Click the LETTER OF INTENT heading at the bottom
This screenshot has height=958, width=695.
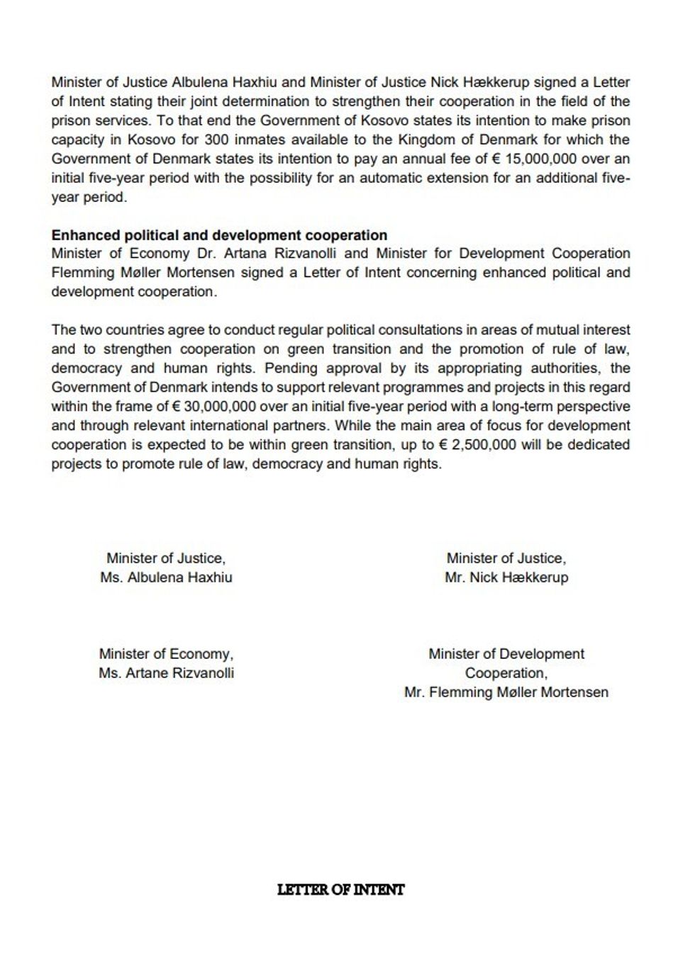coord(341,890)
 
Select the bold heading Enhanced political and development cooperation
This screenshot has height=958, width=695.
coord(219,235)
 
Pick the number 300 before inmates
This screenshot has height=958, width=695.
coord(204,140)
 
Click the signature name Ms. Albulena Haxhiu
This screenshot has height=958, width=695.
coord(167,577)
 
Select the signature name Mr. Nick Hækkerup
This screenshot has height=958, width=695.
coord(506,577)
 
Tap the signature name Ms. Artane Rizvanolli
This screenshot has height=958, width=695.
coord(167,673)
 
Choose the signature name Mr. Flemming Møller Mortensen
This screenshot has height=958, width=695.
coord(506,692)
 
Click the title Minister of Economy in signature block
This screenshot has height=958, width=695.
coord(165,654)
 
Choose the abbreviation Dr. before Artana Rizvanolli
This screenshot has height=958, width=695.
coord(206,254)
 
